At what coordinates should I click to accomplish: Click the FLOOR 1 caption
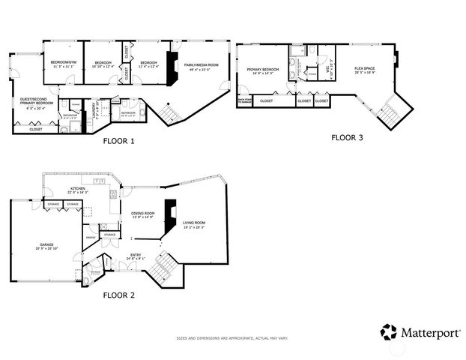point(118,139)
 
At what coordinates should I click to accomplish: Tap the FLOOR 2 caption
point(118,295)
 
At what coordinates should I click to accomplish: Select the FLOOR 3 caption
point(347,137)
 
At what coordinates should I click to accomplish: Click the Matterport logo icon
point(388,331)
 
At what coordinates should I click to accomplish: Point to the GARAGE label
point(46,245)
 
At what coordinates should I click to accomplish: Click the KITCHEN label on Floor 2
point(78,189)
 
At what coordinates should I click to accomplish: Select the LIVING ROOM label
point(194,223)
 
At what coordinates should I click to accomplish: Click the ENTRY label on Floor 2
point(136,256)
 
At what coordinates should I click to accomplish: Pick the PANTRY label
point(91,237)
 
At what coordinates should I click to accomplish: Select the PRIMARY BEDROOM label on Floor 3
point(262,70)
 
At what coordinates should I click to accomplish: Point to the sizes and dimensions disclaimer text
point(232,338)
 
